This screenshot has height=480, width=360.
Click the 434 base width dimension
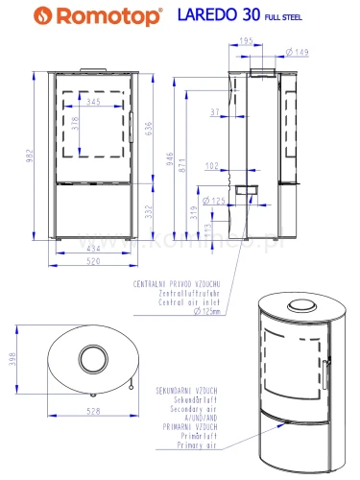(92, 251)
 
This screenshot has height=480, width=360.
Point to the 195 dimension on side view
(246, 41)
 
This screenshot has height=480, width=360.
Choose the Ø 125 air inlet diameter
(218, 201)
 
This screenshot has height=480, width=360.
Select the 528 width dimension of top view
(93, 413)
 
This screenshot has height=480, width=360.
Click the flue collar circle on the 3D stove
(304, 305)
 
